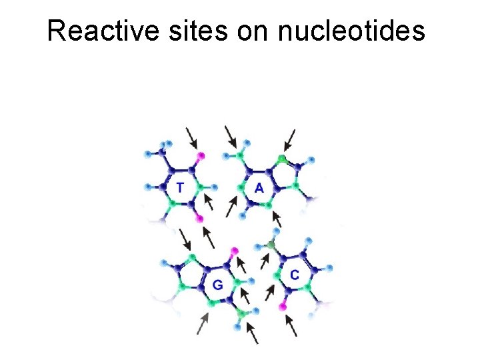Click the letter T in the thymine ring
click(x=181, y=187)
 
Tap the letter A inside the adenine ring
click(x=259, y=188)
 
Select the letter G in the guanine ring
click(x=217, y=285)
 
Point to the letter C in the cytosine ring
click(x=294, y=274)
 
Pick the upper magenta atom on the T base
click(x=201, y=156)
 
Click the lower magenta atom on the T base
click(x=199, y=219)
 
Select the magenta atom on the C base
click(x=283, y=307)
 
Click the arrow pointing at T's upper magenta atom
click(x=192, y=138)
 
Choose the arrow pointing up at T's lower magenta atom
click(x=209, y=237)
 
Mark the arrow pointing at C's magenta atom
click(x=291, y=325)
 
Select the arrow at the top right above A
click(x=291, y=139)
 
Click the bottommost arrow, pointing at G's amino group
click(x=251, y=333)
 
